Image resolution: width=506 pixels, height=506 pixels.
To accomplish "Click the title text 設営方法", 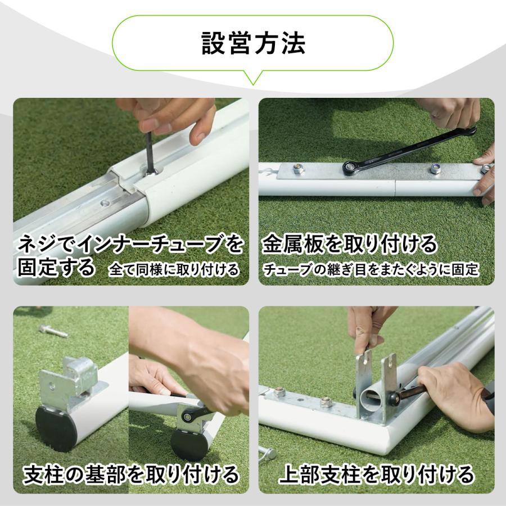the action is tap(254, 43).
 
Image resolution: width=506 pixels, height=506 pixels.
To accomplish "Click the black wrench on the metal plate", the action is tap(408, 151).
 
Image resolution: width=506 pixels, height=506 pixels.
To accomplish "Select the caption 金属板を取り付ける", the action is tap(349, 245).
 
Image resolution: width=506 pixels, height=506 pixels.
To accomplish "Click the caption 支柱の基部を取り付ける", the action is tap(131, 475).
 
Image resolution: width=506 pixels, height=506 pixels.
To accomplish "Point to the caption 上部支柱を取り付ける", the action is tap(376, 475).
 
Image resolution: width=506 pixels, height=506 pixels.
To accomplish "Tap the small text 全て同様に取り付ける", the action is tap(174, 270).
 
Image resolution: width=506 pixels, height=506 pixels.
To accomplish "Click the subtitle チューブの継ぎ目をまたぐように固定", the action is tap(371, 270).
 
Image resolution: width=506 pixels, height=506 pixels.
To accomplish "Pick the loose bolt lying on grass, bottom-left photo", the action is tap(53, 331).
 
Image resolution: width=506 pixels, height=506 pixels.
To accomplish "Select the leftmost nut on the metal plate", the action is tap(297, 169).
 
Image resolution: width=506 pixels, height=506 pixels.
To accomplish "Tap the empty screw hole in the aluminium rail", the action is tap(105, 204).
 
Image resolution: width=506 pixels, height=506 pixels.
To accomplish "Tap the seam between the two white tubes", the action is tap(395, 188).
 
